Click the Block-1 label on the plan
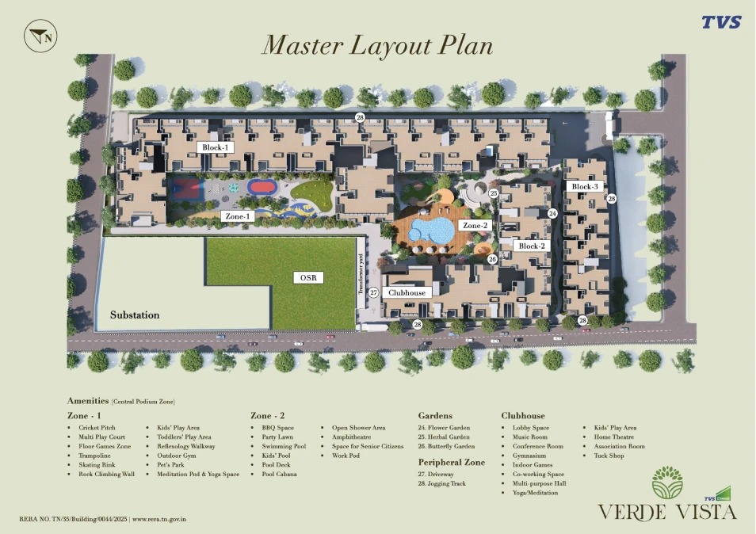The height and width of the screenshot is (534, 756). coord(215,147)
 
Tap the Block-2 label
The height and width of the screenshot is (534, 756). coord(531,246)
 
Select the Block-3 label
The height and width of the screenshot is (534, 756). coord(584,186)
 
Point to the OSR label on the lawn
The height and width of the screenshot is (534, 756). coord(308,277)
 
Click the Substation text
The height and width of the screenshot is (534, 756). coord(135,315)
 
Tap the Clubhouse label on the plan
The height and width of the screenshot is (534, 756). coord(407,292)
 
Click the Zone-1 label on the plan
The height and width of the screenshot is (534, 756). coord(237,216)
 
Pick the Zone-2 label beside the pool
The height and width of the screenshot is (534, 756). coord(475,225)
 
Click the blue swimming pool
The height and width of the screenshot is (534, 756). coord(432,231)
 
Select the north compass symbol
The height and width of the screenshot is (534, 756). coord(40,36)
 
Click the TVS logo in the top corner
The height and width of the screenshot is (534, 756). coord(721,22)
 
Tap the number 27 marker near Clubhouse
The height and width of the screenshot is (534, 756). coord(373,292)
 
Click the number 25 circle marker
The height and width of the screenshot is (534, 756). coord(493,193)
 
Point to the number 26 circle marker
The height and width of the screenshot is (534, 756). coord(492,259)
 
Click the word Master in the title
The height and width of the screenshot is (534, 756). coord(302,45)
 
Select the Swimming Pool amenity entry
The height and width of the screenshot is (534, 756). coord(284,446)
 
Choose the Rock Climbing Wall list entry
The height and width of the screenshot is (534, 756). coord(106,475)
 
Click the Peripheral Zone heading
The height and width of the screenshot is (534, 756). coord(451,462)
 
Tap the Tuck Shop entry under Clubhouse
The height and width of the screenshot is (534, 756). coord(609,456)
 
